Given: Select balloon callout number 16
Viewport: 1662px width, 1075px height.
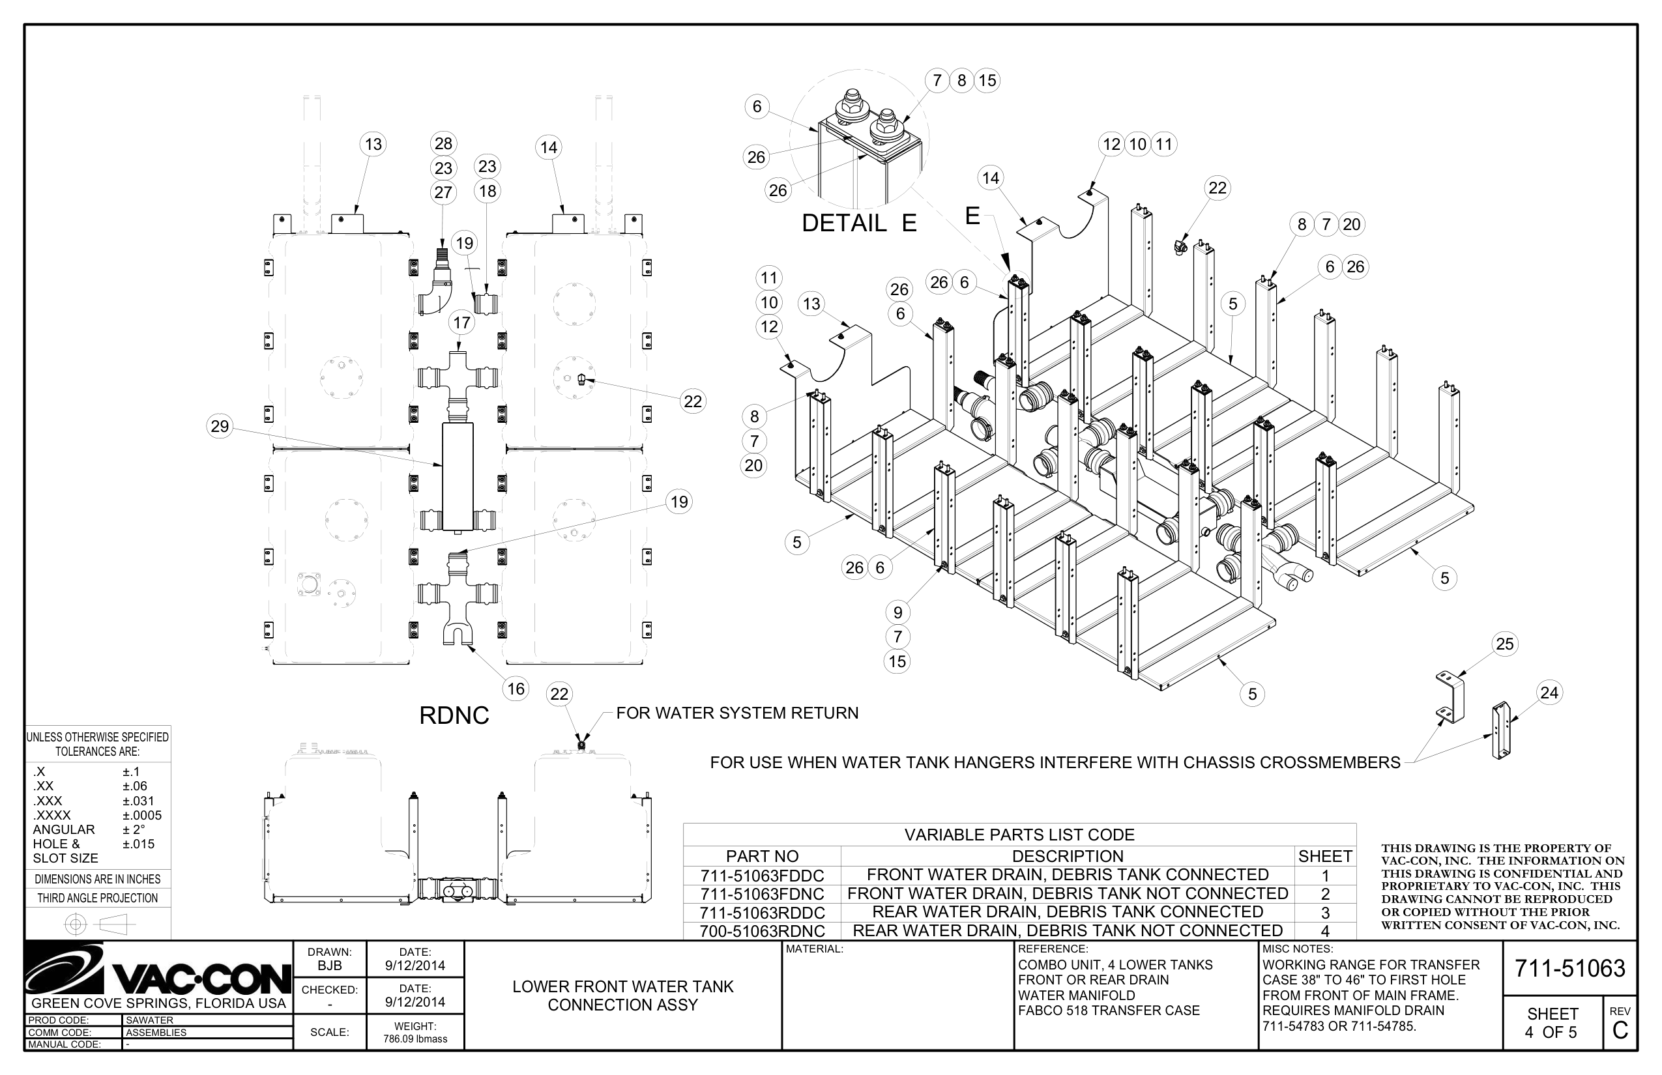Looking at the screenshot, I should click(x=516, y=689).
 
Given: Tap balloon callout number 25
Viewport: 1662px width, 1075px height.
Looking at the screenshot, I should click(x=1504, y=644).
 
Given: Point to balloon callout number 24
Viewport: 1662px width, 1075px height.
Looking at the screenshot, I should click(x=1549, y=693).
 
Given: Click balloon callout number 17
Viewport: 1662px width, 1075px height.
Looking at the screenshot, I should click(x=461, y=322).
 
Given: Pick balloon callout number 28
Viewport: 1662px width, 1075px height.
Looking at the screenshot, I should click(x=443, y=144).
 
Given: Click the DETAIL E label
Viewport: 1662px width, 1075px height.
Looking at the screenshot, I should click(x=858, y=223).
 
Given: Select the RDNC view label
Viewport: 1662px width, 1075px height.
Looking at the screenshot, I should click(x=454, y=715).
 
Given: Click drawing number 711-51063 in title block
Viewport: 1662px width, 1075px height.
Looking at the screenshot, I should click(x=1569, y=968).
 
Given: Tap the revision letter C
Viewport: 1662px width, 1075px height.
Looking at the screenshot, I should click(x=1620, y=1030).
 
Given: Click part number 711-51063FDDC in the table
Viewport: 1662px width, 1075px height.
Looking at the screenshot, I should click(x=762, y=876).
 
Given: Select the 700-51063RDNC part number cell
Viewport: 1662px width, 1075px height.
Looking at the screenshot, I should click(x=762, y=931).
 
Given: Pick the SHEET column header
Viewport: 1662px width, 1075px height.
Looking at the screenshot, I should click(x=1324, y=856).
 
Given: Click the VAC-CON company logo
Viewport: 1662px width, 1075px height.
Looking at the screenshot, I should click(x=158, y=970).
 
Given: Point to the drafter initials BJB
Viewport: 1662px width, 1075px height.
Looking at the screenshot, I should click(x=330, y=966).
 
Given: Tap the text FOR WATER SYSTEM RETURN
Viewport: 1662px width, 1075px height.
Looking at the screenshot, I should click(x=736, y=713).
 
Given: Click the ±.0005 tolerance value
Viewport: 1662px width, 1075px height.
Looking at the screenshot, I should click(x=142, y=815).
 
